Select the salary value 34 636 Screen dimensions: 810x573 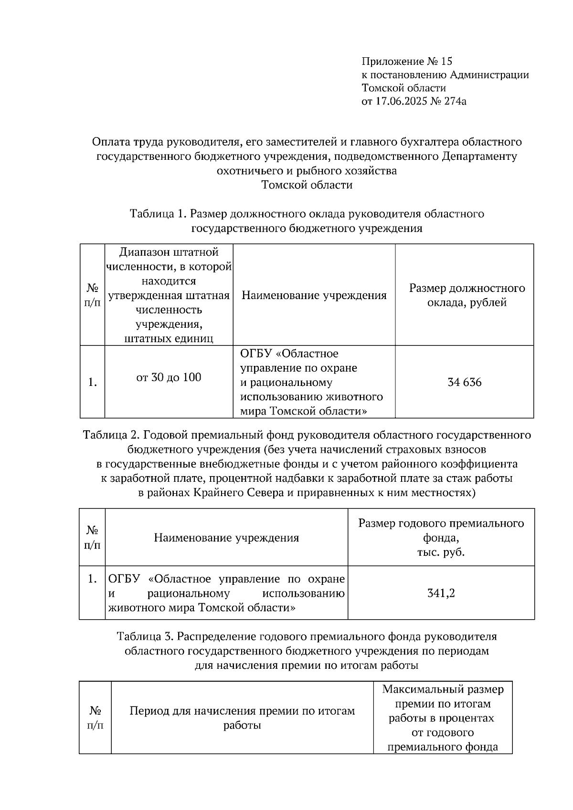pos(464,383)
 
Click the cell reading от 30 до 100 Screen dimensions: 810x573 pos(169,378)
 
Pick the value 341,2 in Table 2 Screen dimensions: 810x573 pos(441,593)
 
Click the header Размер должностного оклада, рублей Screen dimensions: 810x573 pos(467,295)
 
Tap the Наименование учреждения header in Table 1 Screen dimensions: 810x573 pos(314,296)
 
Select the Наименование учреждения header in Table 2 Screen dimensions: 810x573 pos(226,538)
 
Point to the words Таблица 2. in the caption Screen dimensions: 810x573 pos(111,435)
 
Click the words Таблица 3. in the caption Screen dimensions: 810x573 pos(146,636)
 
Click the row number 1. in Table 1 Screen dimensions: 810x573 pos(93,383)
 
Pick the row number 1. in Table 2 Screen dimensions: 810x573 pos(93,579)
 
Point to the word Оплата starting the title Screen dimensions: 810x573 pos(110,142)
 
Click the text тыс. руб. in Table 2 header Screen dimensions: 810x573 pos(441,553)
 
